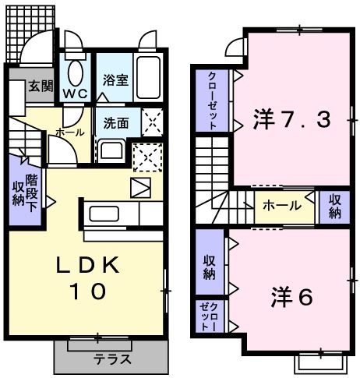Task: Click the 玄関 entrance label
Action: point(40,87)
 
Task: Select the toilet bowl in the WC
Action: point(76,72)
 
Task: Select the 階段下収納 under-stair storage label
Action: point(24,189)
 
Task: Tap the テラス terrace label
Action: point(112,360)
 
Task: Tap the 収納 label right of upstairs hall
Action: point(334,206)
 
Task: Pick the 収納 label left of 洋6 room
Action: point(210,266)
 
